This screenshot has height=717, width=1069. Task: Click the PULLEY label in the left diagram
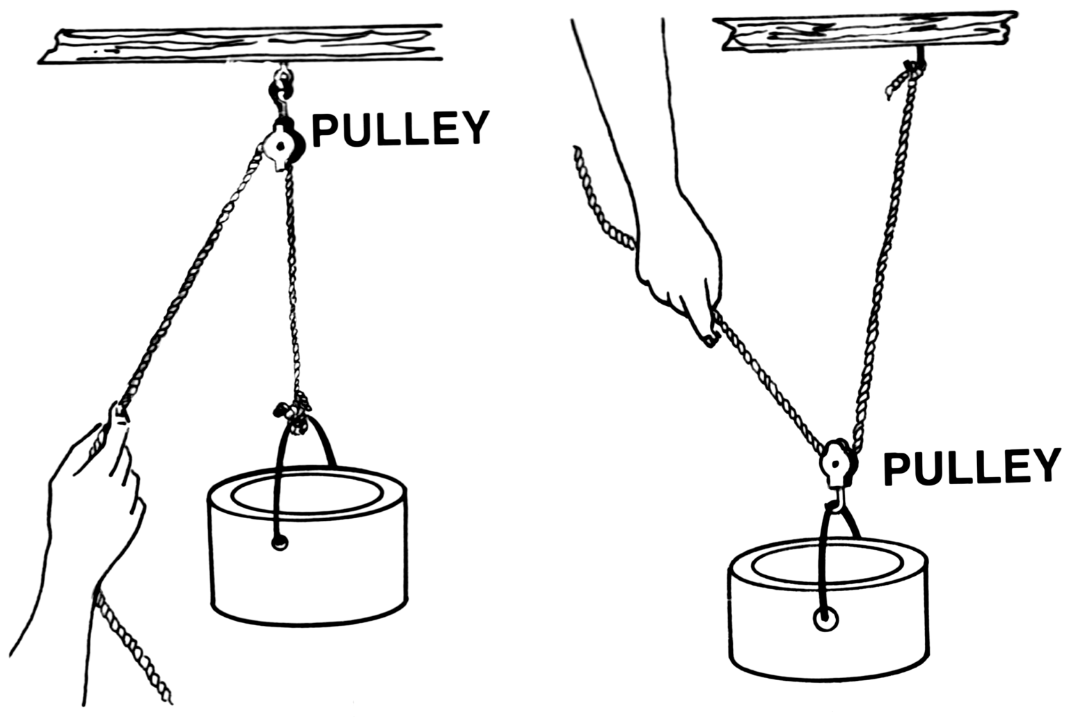[399, 129]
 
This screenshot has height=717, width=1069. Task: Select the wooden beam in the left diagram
[240, 45]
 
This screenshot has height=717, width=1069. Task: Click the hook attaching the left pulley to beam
[280, 94]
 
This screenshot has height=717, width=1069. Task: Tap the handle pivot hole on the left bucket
[279, 543]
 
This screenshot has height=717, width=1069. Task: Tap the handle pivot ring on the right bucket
[825, 618]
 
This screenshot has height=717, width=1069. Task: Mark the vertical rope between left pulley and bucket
[293, 278]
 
